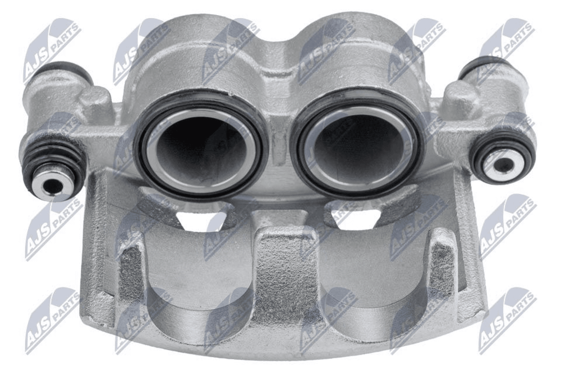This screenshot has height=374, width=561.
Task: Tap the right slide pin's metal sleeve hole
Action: point(504,164)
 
